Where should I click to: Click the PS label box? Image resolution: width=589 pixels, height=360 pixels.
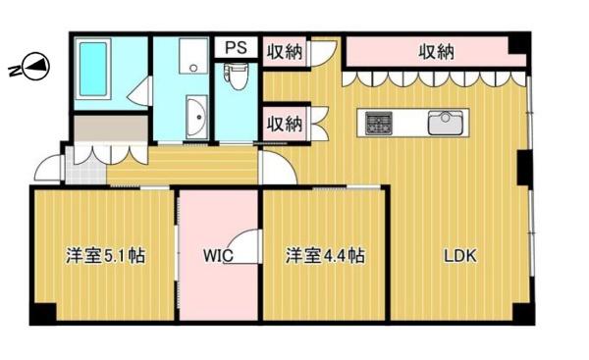[236, 47]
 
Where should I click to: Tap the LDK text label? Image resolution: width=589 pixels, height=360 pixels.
[460, 256]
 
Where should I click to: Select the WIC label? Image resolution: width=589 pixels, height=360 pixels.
[218, 256]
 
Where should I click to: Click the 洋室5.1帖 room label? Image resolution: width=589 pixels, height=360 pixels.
[106, 256]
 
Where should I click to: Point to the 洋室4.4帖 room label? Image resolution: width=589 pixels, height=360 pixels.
[325, 256]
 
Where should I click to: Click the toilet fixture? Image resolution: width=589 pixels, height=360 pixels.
[236, 77]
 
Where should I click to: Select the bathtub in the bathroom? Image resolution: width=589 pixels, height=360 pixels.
[93, 69]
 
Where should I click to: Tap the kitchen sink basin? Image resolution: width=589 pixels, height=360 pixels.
[445, 123]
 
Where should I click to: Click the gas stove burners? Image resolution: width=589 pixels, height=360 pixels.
[379, 123]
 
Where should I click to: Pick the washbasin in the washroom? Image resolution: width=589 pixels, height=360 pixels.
[197, 117]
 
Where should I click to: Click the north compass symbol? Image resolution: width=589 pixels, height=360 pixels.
[35, 67]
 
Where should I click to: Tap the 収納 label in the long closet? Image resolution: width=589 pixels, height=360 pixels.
[436, 52]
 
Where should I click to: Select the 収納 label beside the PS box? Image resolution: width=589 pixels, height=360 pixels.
[285, 51]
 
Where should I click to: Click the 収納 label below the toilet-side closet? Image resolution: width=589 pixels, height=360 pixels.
[285, 124]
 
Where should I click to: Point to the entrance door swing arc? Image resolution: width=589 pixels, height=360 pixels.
[48, 168]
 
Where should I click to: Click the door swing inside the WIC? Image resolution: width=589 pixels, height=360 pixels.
[241, 246]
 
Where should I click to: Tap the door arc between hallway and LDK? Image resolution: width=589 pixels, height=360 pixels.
[279, 167]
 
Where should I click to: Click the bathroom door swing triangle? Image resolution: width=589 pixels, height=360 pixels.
[139, 91]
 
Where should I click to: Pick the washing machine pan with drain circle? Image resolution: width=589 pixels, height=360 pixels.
[193, 56]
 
